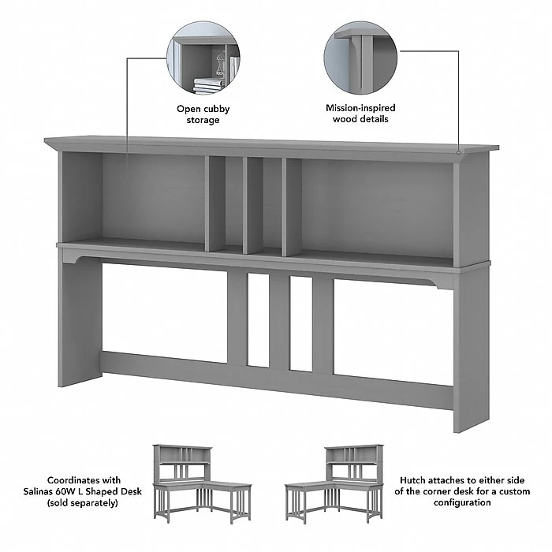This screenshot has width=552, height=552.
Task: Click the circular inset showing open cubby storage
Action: pos(203,60)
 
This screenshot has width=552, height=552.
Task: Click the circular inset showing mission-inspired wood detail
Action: pos(360,60)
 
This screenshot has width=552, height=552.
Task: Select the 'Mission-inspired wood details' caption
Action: pos(360,114)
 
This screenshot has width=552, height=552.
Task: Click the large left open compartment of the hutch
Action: pos(153,197)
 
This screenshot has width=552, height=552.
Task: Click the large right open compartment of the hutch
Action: pos(375,203)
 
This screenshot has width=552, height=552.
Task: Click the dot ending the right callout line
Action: pos(459,149)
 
